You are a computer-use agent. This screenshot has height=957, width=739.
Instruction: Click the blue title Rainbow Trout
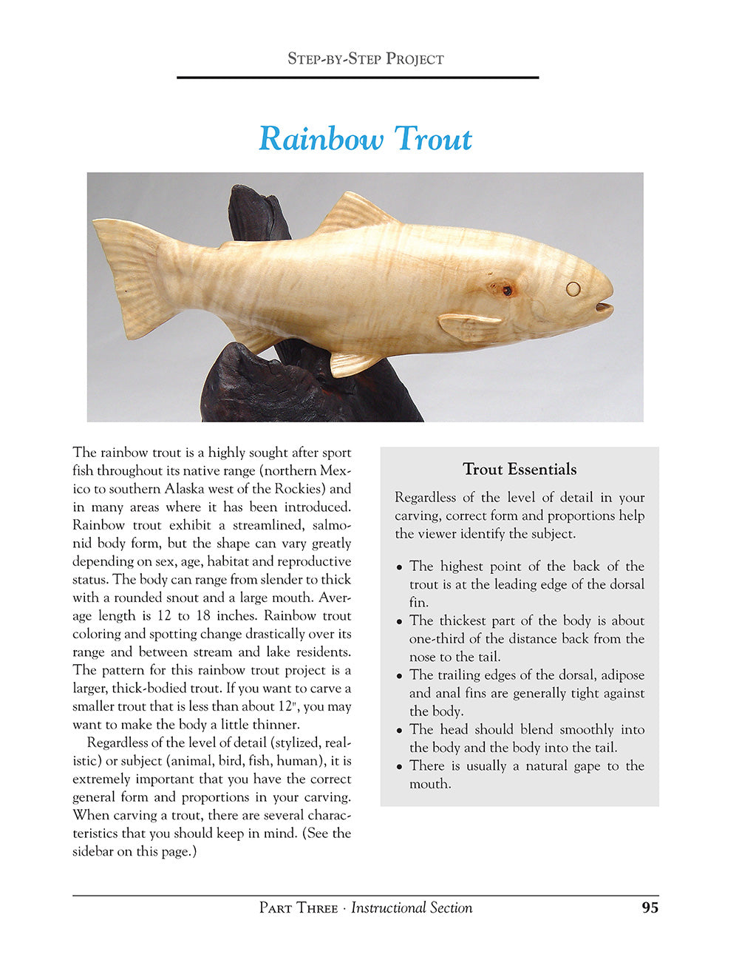pos(365,139)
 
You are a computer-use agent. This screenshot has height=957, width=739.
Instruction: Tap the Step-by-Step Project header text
pos(365,59)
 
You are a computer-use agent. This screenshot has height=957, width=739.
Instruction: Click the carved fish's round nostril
pos(573,288)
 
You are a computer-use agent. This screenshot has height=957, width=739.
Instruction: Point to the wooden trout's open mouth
pos(604,305)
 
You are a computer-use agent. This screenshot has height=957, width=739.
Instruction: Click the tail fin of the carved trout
pos(126,277)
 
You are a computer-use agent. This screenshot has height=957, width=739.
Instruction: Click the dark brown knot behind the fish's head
pos(507,291)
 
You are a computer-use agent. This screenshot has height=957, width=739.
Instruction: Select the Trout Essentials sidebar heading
pos(520,470)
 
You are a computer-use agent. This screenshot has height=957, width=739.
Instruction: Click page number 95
pos(650,907)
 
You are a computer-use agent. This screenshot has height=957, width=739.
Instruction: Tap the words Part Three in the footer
pos(299,908)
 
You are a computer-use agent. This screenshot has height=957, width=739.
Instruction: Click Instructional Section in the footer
pos(412,908)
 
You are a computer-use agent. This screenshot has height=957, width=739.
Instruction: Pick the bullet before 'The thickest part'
pos(400,622)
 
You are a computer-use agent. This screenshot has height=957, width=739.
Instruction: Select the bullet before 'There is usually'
pos(400,767)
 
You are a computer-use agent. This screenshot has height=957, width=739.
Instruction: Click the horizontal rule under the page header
pos(358,77)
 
